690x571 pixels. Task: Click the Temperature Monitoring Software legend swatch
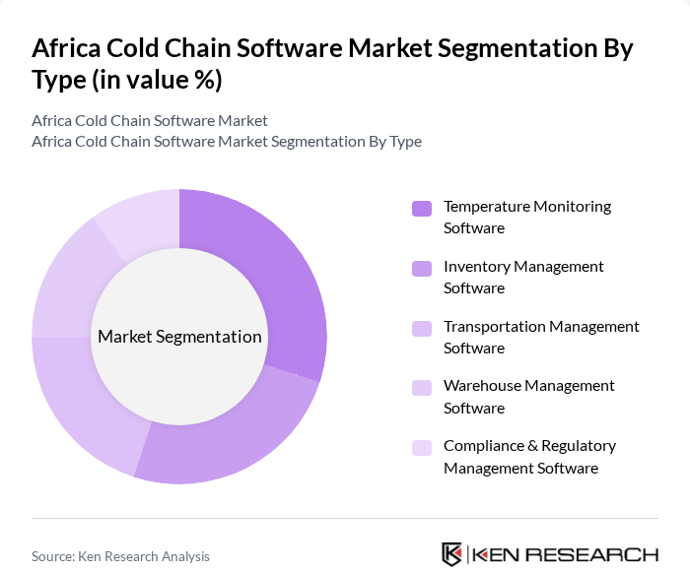[422, 208]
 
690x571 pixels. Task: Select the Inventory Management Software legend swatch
[422, 268]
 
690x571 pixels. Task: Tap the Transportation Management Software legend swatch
[422, 328]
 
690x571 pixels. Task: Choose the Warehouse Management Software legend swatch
[422, 388]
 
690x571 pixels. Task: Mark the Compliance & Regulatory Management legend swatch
[422, 448]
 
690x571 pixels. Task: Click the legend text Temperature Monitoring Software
[526, 217]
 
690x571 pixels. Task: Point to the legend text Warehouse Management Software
[528, 397]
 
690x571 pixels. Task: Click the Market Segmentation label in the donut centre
[179, 337]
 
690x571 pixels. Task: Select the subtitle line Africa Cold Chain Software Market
[150, 121]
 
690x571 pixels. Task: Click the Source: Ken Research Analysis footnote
[120, 556]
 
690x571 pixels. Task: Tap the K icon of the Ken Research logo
[451, 554]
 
